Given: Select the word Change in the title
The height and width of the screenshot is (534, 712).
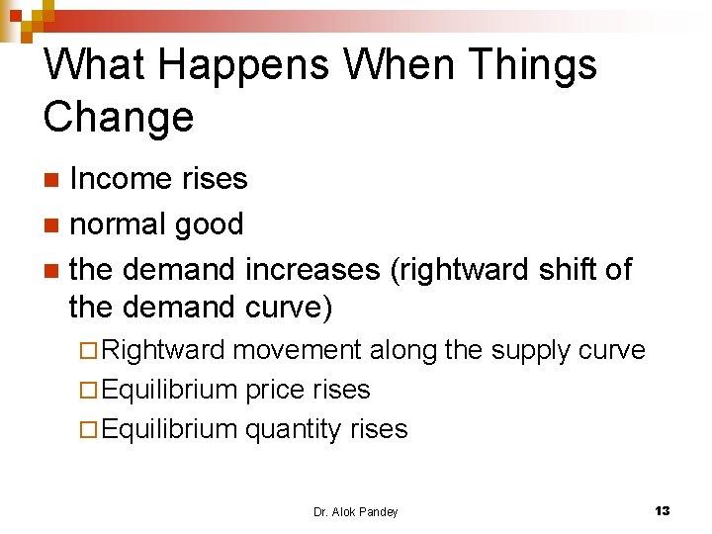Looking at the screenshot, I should click(x=119, y=117).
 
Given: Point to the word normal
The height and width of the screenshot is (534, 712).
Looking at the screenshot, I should click(x=120, y=224).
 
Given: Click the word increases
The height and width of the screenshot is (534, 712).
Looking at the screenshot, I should click(x=311, y=269).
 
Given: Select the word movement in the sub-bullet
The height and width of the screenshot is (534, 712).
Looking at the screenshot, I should click(x=300, y=350).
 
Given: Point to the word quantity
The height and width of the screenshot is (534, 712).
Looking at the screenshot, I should click(x=293, y=429).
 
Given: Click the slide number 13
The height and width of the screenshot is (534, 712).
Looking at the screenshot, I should click(x=662, y=510).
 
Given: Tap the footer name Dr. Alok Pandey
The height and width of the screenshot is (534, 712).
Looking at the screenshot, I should click(x=355, y=511).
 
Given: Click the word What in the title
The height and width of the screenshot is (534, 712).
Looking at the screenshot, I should click(x=88, y=65).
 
